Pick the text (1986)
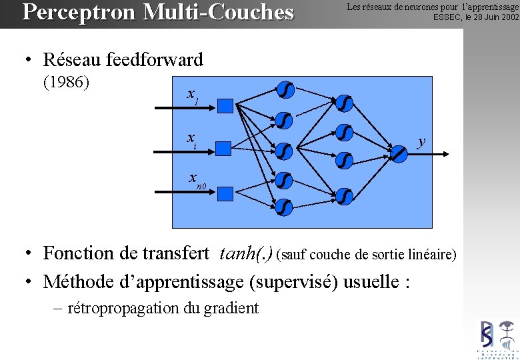[x=67, y=83]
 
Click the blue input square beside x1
[x=225, y=105]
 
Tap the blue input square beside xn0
[x=225, y=193]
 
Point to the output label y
[x=421, y=141]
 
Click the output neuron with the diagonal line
[x=398, y=153]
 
